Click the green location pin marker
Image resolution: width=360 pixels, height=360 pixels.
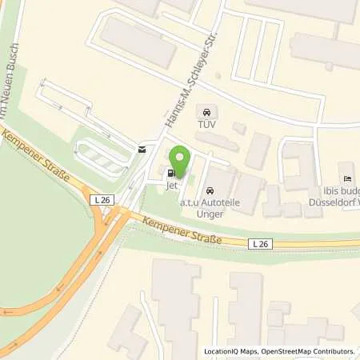point(181,161)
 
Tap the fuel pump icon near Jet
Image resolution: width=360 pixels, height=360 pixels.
point(170,172)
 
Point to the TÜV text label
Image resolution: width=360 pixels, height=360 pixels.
point(208,124)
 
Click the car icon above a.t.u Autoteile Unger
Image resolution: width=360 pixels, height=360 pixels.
point(210,190)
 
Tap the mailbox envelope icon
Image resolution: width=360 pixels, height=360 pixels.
point(142,148)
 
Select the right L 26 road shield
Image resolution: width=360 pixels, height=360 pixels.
point(258,242)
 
